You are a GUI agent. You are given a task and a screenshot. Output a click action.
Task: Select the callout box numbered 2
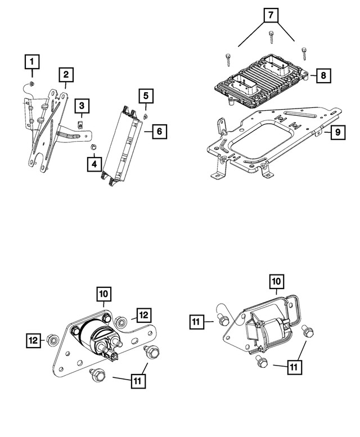click(66, 74)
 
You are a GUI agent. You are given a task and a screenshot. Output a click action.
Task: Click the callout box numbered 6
click(159, 132)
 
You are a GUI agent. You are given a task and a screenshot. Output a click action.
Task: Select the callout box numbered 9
click(337, 133)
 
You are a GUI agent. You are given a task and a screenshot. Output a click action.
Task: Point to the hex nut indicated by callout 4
click(94, 148)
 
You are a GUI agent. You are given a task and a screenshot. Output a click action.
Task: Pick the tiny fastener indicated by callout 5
click(145, 115)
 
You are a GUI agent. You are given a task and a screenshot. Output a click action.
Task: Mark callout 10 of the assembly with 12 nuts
click(105, 294)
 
